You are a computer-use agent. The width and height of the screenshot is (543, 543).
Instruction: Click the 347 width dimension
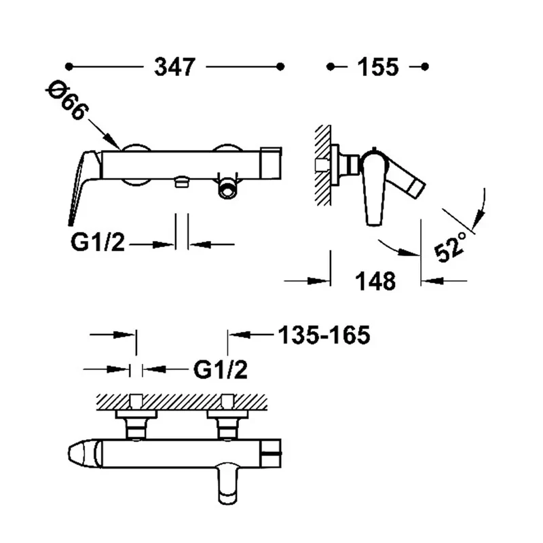pos(175,67)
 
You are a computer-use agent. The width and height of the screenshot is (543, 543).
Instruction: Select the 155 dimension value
pos(378,67)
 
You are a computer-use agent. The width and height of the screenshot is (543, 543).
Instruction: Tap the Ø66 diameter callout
pos(67,100)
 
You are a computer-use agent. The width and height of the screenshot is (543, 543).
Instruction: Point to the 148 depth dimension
pos(375,281)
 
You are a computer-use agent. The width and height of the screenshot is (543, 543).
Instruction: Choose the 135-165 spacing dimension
pos(324,335)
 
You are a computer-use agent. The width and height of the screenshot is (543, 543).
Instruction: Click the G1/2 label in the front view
pos(97,242)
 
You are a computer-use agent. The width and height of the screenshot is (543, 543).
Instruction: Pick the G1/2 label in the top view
pos(221,370)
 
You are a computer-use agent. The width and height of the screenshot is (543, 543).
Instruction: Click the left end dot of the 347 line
pos(69,67)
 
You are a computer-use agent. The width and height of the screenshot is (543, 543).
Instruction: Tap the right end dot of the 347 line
pos(280,67)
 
